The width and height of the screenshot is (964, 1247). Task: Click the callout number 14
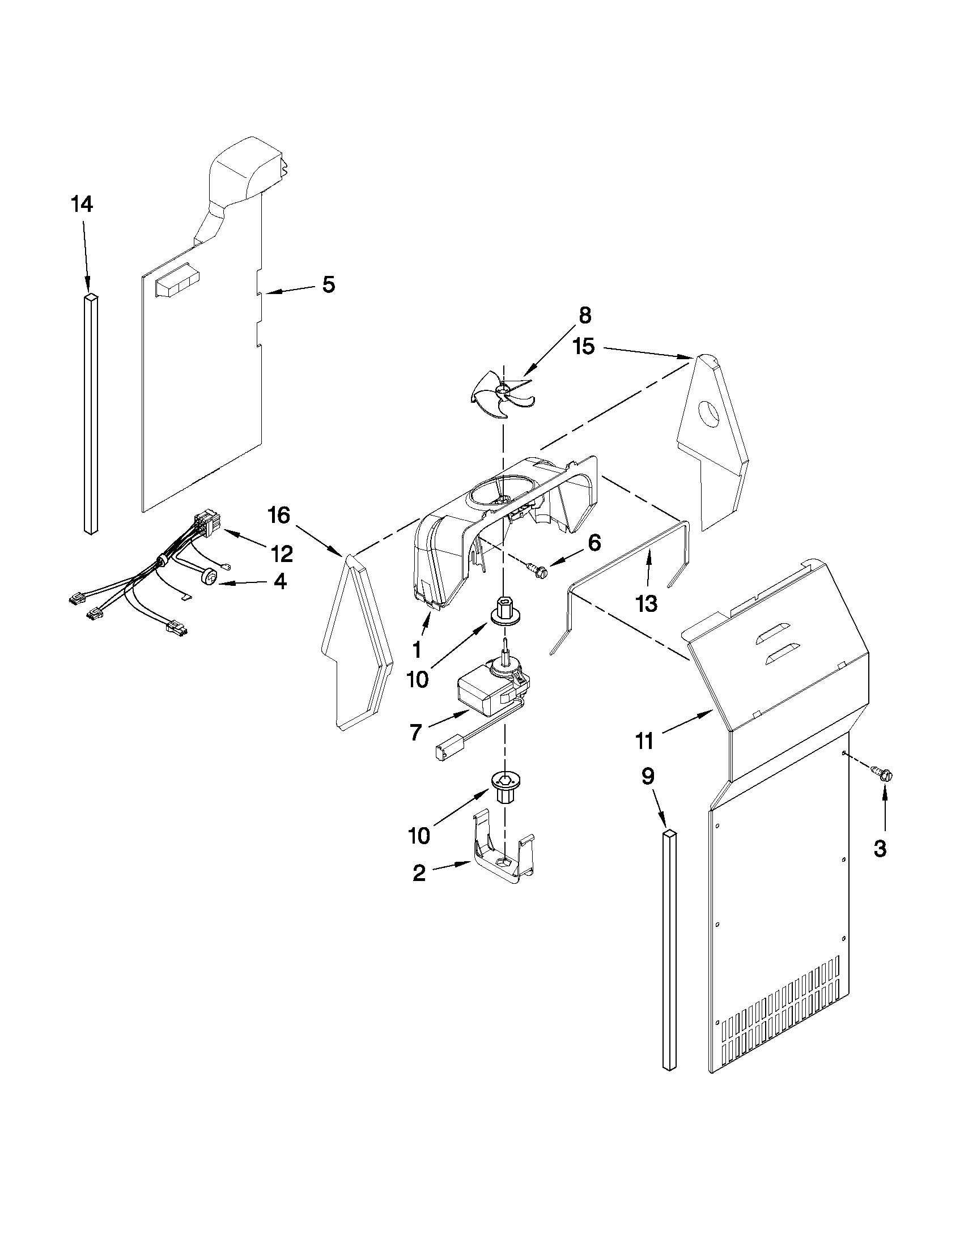click(x=82, y=205)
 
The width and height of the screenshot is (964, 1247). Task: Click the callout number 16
click(x=279, y=516)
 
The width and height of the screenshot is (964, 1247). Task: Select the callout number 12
click(x=282, y=553)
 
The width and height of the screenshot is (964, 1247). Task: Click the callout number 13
click(x=647, y=603)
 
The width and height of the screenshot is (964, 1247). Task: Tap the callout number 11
click(x=644, y=741)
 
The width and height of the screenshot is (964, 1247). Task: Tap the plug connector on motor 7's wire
click(x=443, y=751)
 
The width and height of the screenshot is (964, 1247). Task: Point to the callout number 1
click(x=417, y=649)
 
